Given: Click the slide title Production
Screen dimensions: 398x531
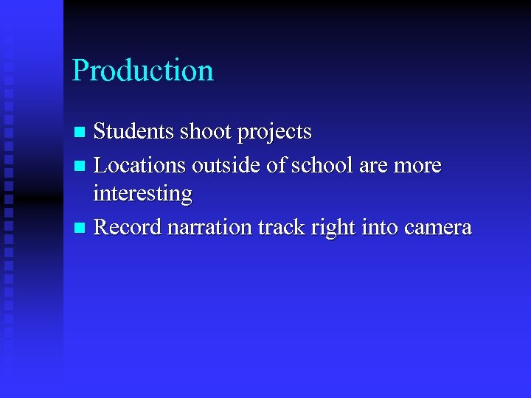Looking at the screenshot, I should pos(143,71).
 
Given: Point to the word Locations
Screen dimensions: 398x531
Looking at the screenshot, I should pos(140,165).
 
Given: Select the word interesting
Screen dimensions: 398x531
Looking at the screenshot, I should pos(142,195).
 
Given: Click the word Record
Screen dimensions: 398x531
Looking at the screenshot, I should pos(128,227).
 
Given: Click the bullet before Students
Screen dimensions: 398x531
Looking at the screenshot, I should pos(80,133).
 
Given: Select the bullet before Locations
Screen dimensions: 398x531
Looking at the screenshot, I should pos(80,167).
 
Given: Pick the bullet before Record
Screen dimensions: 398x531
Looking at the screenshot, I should pos(80,228).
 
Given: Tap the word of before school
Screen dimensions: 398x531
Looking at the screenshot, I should pos(277,165).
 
